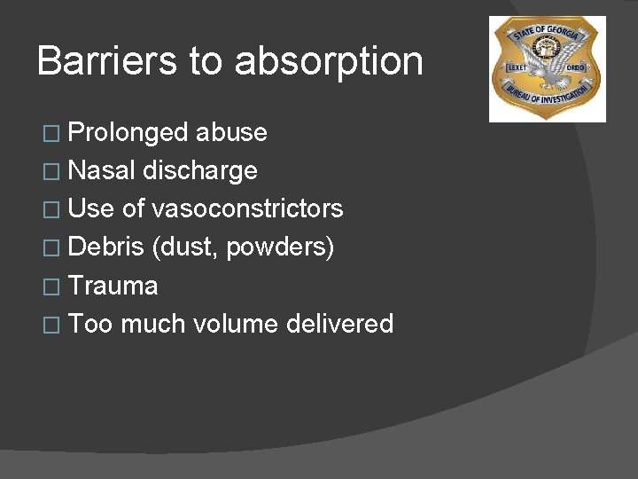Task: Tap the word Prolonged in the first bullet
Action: [x=129, y=133]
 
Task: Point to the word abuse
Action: [x=232, y=132]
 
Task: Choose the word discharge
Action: [x=200, y=170]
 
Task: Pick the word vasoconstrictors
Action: [x=248, y=208]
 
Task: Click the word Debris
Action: [x=106, y=247]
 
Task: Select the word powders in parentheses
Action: [x=280, y=247]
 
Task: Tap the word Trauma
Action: [x=113, y=286]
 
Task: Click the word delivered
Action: [x=340, y=324]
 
